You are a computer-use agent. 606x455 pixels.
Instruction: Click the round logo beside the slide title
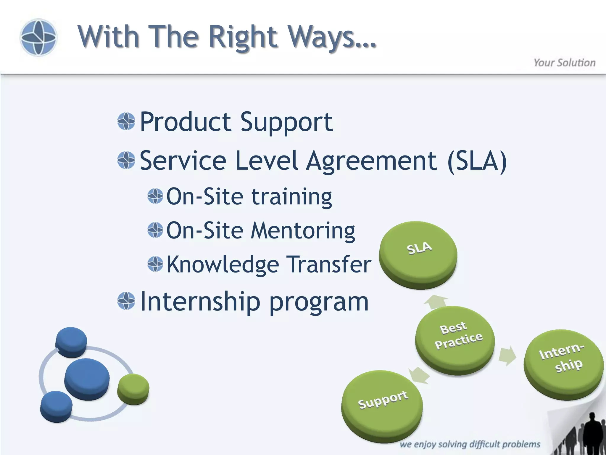(38, 37)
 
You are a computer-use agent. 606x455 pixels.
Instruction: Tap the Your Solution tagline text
(564, 63)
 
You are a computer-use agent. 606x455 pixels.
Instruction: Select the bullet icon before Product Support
(126, 121)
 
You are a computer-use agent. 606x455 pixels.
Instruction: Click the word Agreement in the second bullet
(371, 161)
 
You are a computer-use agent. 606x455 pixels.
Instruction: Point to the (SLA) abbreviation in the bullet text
(477, 161)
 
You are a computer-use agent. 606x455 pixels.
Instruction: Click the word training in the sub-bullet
(291, 197)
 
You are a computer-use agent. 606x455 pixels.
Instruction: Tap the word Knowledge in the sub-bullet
(223, 265)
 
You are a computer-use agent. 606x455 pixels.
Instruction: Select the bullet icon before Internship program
(126, 301)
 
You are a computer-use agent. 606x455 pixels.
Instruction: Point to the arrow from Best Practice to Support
(420, 375)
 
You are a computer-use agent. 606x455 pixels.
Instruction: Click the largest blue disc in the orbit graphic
(87, 378)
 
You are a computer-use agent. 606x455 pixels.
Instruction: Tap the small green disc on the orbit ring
(133, 389)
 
